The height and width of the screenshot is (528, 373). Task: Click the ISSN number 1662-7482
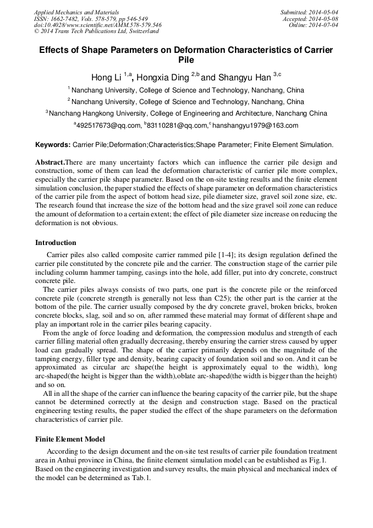(x=67, y=18)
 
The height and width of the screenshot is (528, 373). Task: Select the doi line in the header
(x=97, y=25)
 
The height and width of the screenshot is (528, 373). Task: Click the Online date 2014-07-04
(x=324, y=25)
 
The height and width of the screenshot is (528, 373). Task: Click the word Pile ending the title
(x=186, y=60)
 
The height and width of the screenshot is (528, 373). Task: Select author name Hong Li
(x=107, y=77)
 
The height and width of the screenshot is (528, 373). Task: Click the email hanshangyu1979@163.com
(x=255, y=126)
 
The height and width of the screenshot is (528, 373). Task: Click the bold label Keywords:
(x=52, y=145)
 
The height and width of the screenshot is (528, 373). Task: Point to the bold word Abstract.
(x=50, y=162)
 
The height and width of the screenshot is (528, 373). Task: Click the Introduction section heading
(x=56, y=242)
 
